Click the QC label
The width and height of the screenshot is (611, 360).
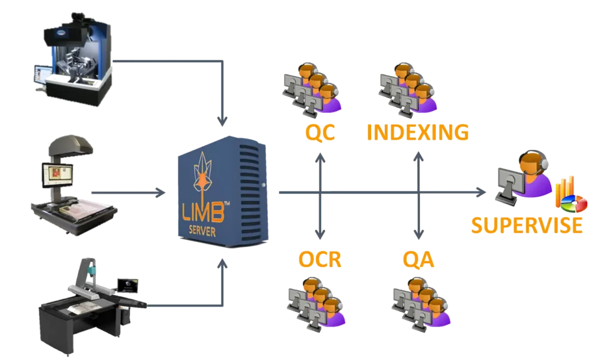point(322,133)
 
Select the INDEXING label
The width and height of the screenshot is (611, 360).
point(417,133)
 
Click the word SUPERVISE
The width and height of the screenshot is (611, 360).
point(526,225)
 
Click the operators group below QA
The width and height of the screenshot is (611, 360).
point(421,304)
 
